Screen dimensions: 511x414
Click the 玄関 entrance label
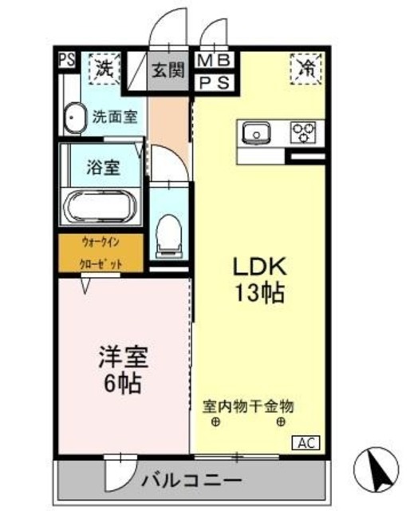point(167,69)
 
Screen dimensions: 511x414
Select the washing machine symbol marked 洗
point(104,68)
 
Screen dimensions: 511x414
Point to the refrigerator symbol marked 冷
point(304,69)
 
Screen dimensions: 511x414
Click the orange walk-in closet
point(100,252)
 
